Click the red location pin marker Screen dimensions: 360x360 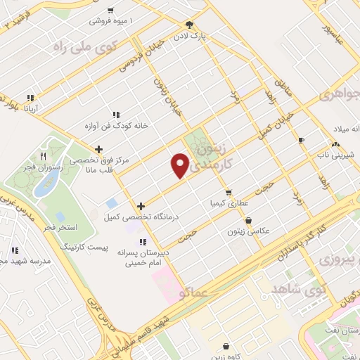coord(180,166)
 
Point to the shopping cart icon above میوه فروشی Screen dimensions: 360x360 coord(111,10)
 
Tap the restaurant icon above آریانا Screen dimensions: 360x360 coord(30,98)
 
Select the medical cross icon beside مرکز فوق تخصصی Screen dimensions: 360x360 coord(98,149)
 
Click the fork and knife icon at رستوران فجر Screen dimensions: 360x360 coord(43,156)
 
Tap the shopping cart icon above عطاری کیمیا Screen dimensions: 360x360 coord(228,192)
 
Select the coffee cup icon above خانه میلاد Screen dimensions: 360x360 coord(302,140)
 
